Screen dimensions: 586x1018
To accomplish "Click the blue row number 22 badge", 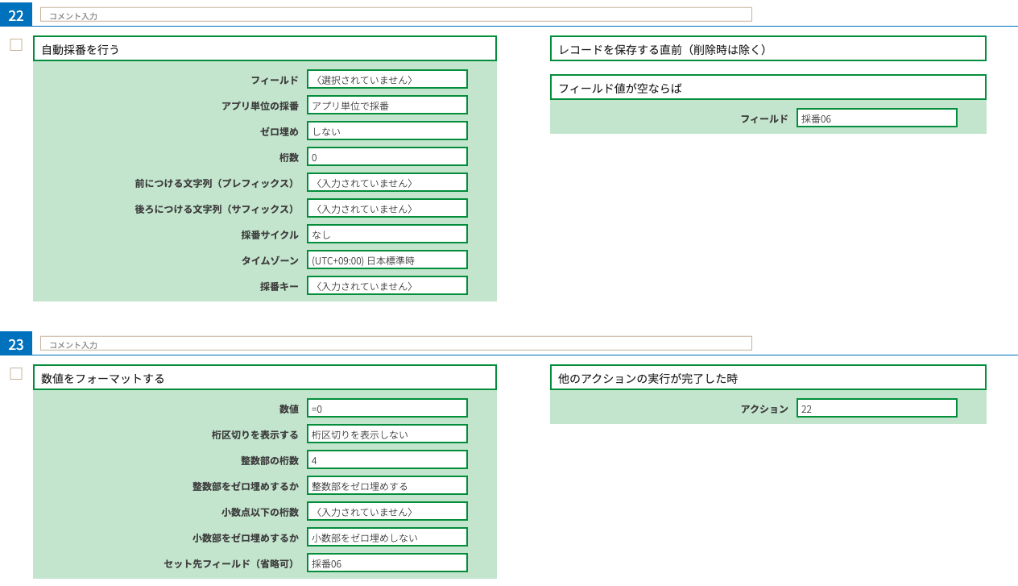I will pos(16,15).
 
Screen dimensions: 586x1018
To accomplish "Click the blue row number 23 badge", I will pos(16,343).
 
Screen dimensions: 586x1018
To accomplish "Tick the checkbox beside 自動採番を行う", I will pos(16,45).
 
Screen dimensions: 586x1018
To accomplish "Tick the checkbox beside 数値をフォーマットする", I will pos(16,374).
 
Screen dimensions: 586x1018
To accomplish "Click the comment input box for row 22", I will pos(395,15).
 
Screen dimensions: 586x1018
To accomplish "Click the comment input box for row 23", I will pos(395,343).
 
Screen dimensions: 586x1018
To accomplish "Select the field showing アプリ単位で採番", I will pos(387,105).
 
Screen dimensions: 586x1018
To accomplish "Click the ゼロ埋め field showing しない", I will pos(387,131).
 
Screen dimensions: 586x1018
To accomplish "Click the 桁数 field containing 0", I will pos(387,156).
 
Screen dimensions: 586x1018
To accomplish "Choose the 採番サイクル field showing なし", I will pos(387,234).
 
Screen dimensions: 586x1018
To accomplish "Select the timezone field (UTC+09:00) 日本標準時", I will pos(387,260).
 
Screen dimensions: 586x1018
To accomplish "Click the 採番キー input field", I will pos(387,285).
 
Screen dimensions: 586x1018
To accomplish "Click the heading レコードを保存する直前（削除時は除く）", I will pos(768,48).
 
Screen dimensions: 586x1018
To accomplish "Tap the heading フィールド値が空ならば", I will pos(768,87).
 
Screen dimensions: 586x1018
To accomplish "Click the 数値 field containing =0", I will pos(387,408).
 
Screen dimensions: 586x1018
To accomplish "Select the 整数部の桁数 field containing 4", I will pos(387,459).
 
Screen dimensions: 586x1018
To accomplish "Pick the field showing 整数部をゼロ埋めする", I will pos(387,485).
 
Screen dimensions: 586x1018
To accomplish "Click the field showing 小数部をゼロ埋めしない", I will pos(387,537).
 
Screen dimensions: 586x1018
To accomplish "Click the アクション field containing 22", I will pos(876,408).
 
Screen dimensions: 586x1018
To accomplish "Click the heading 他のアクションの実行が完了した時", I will pos(768,377).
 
